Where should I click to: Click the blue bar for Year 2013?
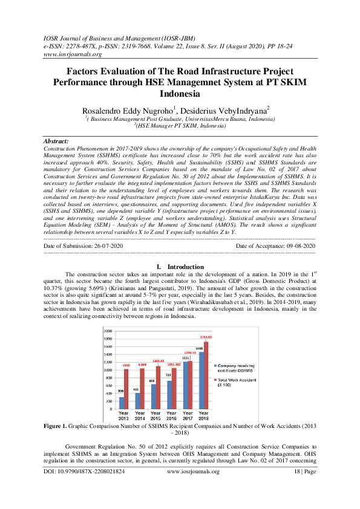(122, 403)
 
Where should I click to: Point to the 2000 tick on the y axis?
(108, 331)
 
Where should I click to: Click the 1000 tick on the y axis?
(108, 370)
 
